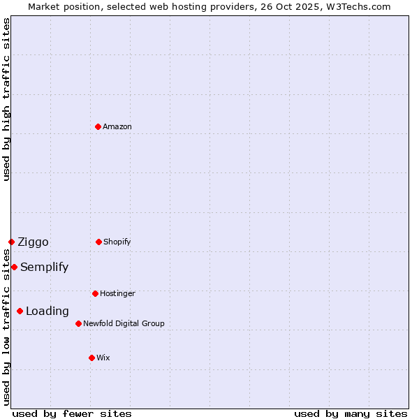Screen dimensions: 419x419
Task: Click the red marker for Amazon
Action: click(x=98, y=126)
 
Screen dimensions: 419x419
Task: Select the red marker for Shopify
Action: click(x=98, y=242)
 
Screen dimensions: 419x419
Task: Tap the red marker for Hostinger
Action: click(x=95, y=293)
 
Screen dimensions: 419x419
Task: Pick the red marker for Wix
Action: click(x=91, y=358)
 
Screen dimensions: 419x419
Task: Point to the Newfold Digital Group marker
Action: click(x=78, y=323)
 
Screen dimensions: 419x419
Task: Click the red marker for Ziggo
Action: click(x=11, y=242)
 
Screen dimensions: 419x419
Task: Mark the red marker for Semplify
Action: click(x=14, y=267)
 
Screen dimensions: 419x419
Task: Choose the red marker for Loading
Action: click(x=20, y=311)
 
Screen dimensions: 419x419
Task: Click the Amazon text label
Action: click(x=117, y=126)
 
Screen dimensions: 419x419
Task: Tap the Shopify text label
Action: click(x=117, y=242)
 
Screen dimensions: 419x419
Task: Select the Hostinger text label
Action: click(x=117, y=293)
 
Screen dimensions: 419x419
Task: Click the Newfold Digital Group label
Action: click(x=124, y=323)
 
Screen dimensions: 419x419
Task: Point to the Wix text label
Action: click(x=103, y=358)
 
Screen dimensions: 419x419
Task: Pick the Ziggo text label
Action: click(x=33, y=242)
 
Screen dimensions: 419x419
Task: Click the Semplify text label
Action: click(x=44, y=267)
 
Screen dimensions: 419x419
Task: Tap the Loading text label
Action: click(x=47, y=311)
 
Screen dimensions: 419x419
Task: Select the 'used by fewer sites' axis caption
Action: click(x=71, y=413)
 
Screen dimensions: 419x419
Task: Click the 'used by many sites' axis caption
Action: click(x=351, y=413)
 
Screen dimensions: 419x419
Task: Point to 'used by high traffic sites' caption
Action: click(x=6, y=99)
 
